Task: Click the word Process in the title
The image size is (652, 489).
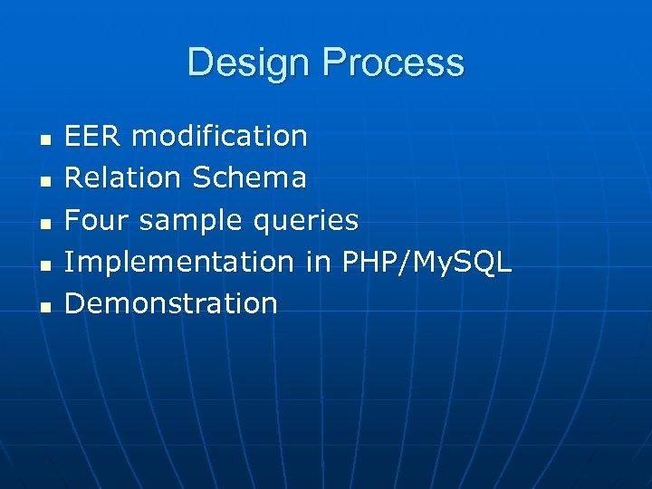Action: pos(393,63)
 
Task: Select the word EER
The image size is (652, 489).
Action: pos(94,137)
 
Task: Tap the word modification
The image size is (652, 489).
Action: pos(220,137)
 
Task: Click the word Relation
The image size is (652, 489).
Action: pos(124,178)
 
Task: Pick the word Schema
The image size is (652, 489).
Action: pos(250,178)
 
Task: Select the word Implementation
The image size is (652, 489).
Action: pos(179,263)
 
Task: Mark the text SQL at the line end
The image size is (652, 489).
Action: pos(486,263)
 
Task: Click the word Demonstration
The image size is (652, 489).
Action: pos(171,303)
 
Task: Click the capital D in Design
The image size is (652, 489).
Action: pos(199,63)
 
